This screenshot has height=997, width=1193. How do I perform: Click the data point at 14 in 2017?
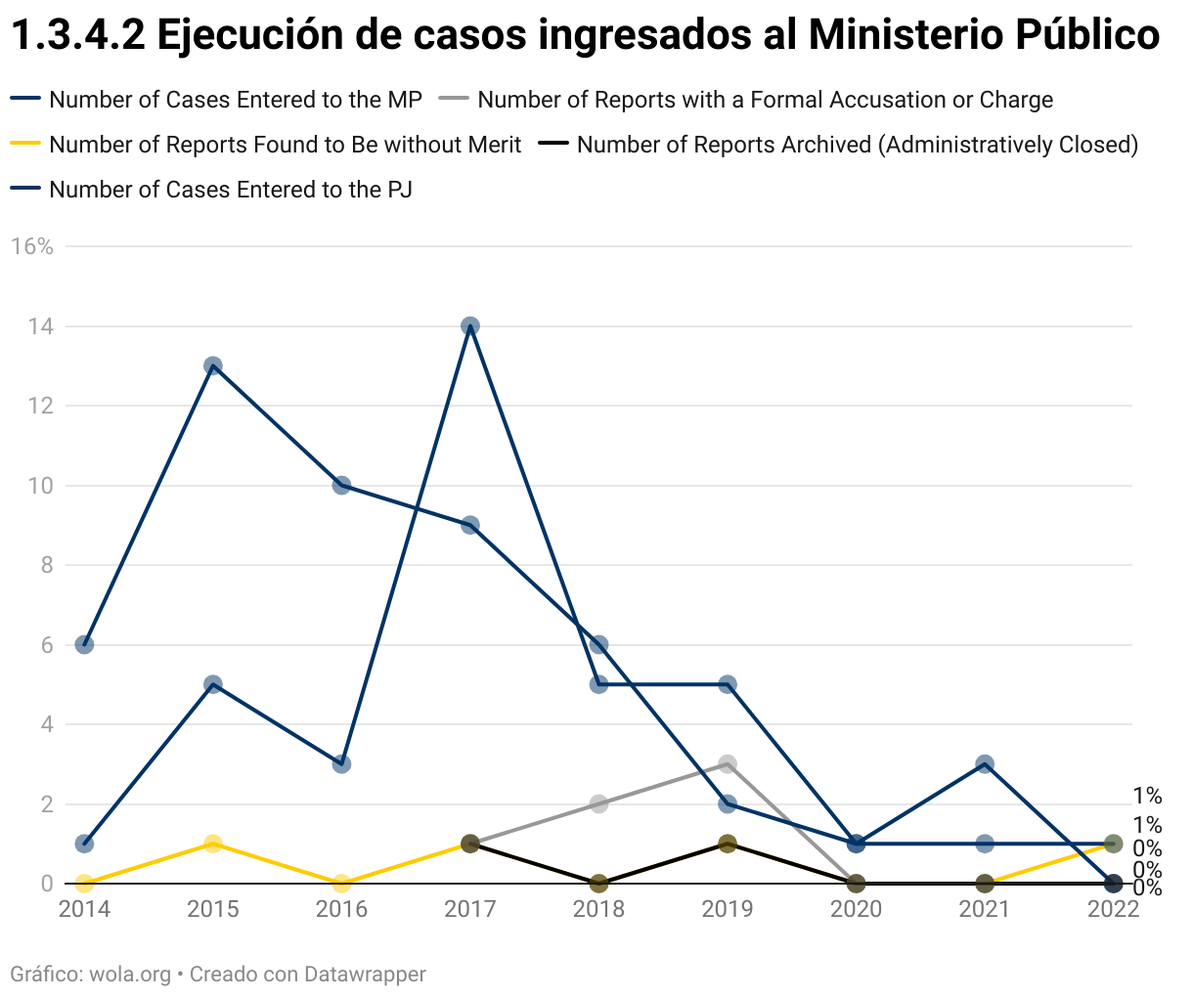470,326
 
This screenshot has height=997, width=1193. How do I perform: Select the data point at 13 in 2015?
213,367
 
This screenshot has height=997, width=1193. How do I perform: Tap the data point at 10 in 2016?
341,486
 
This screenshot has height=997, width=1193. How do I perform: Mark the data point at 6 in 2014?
84,645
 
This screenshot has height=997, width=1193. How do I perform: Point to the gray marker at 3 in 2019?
728,764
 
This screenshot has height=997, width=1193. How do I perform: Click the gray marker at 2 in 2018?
598,804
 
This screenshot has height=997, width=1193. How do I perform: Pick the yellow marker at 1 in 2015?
213,844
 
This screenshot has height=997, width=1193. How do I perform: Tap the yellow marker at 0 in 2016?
341,884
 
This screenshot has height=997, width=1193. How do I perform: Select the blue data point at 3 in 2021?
985,764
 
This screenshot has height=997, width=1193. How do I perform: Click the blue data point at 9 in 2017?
470,526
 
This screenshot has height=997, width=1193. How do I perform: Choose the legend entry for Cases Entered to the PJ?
230,190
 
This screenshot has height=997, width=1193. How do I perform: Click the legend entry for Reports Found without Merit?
285,145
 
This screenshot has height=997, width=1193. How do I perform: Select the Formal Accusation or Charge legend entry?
765,100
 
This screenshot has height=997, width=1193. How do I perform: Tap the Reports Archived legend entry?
857,145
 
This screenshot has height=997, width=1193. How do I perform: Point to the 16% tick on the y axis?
31,246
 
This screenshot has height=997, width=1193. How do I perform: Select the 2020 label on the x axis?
856,910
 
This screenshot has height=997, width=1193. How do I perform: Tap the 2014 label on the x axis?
84,910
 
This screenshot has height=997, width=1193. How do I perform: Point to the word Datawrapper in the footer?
365,975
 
